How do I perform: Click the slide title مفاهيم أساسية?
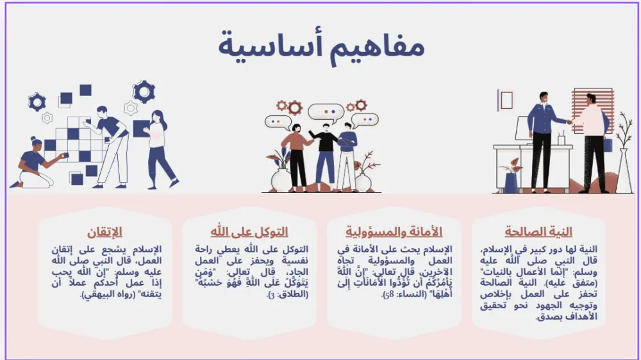click(320, 47)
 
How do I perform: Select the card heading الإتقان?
click(104, 232)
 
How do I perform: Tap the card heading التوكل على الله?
click(249, 232)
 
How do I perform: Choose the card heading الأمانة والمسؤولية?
click(394, 232)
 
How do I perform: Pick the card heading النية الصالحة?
click(538, 232)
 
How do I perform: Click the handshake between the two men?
click(569, 122)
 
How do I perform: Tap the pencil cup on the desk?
click(561, 139)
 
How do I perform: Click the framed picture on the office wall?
click(506, 100)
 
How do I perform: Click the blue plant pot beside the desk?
click(511, 182)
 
